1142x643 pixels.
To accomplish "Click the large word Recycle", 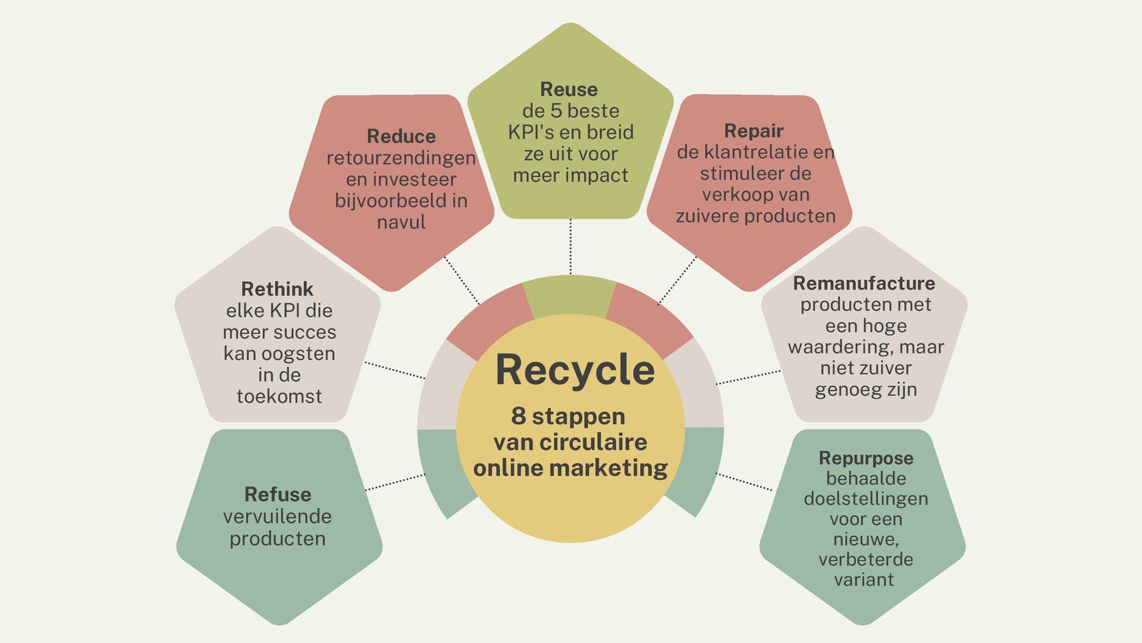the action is [x=575, y=370].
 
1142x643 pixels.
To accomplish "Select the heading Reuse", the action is [x=569, y=89].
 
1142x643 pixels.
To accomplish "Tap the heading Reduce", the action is [x=401, y=136].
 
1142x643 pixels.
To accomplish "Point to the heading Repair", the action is [x=754, y=130].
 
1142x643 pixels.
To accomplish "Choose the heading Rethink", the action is [x=277, y=289].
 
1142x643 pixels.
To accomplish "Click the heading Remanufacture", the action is [x=864, y=283].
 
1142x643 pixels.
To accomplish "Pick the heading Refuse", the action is [x=278, y=495].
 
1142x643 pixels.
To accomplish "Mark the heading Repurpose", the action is [x=866, y=458].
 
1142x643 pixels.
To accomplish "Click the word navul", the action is [x=401, y=223].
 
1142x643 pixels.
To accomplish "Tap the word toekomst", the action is [x=279, y=397].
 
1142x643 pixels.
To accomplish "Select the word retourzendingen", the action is [x=401, y=158].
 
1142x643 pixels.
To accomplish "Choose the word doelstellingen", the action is [x=866, y=499].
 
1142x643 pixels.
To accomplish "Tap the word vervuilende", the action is [x=278, y=517].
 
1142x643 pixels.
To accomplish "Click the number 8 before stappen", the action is [x=518, y=416].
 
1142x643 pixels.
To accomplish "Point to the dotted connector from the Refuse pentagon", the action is [x=395, y=482].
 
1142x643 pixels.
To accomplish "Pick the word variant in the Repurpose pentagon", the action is [x=864, y=580].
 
